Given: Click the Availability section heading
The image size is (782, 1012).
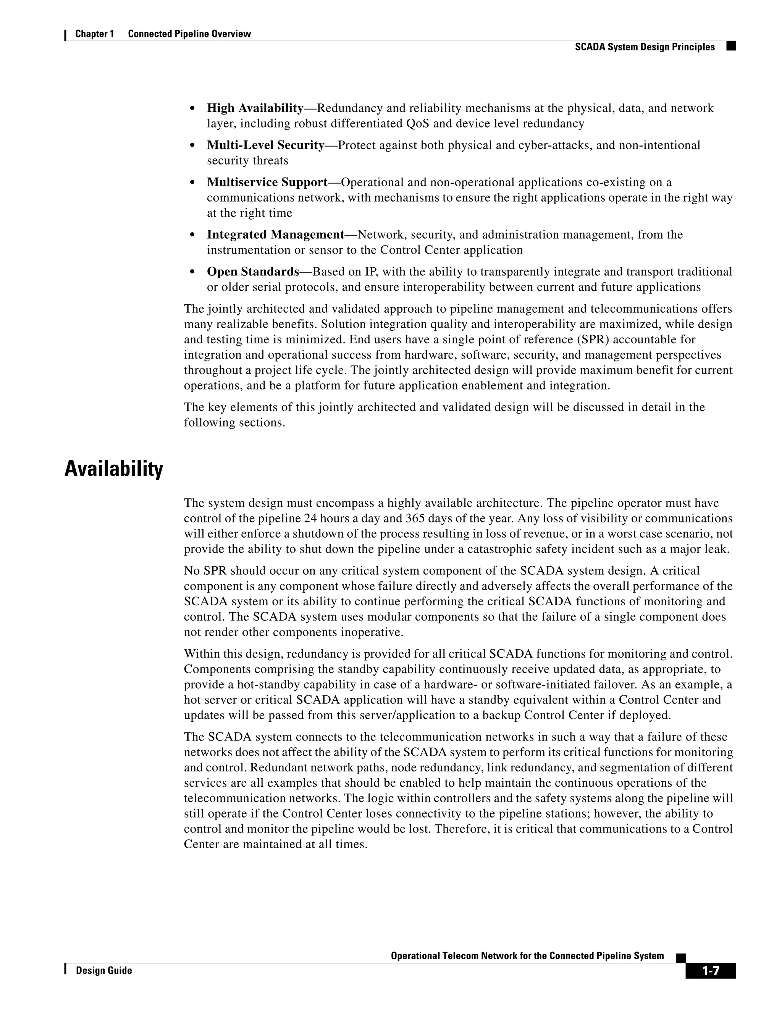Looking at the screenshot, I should [113, 469].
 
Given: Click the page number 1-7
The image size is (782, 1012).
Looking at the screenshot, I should [710, 971].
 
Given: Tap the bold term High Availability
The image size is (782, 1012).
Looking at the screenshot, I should [255, 108].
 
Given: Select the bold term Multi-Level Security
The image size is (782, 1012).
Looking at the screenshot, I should [265, 145].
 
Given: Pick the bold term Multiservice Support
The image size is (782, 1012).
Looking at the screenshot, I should [267, 182].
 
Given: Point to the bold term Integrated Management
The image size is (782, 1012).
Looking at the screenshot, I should [276, 234].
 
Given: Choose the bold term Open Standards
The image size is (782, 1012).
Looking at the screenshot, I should [253, 272].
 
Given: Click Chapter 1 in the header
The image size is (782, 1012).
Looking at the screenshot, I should [95, 34].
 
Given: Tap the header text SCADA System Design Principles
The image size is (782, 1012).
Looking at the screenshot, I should [645, 47].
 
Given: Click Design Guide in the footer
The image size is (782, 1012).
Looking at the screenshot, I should [104, 970].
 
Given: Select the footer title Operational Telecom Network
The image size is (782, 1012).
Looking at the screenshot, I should [527, 955].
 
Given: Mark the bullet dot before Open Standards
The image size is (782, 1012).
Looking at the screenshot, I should [192, 272].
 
